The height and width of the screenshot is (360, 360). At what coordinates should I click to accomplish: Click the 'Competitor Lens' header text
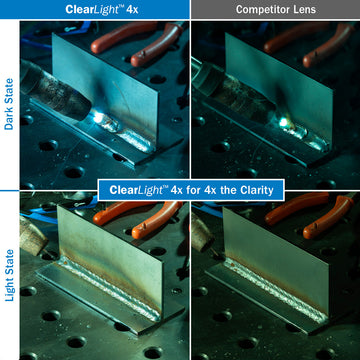276,9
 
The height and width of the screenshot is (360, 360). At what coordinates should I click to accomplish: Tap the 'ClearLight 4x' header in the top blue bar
102,9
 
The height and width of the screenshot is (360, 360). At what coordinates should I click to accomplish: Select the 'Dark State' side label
9,104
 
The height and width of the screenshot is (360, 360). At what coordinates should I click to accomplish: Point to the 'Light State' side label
9,275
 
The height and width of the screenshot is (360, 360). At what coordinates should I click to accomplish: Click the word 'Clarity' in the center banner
257,190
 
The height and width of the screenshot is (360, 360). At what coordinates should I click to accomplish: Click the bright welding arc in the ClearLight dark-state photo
98,117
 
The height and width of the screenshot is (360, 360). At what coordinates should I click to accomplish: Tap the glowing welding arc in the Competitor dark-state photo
284,122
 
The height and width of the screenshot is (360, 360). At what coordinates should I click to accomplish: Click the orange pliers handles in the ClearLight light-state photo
137,217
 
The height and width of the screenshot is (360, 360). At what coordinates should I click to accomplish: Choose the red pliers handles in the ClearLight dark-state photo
137,42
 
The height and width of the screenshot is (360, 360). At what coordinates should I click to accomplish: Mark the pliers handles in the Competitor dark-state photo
309,43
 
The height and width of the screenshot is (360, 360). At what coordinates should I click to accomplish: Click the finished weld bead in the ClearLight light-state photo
110,287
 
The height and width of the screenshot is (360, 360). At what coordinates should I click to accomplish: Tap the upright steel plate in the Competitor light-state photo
276,258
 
